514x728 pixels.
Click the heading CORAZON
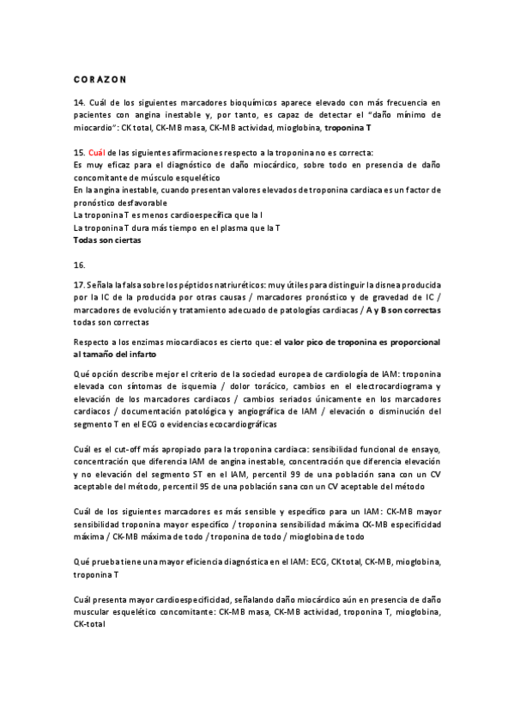pos(100,79)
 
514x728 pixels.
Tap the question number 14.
pos(78,102)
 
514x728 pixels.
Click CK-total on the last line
pos(89,625)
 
